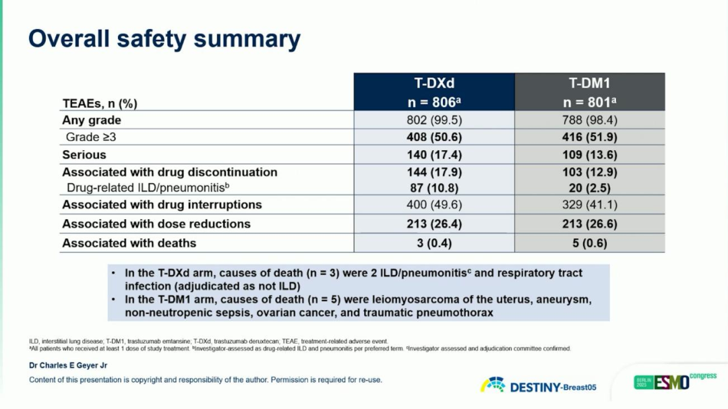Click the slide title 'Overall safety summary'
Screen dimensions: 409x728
(x=164, y=38)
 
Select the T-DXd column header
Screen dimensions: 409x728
(x=435, y=92)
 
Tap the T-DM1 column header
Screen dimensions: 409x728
(x=590, y=92)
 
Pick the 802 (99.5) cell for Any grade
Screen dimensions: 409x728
(x=435, y=120)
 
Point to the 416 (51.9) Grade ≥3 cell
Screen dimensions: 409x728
(x=590, y=137)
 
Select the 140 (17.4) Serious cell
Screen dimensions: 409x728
(x=435, y=155)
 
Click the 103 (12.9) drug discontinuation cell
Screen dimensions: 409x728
(x=590, y=172)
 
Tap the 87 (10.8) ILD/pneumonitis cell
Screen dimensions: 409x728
(x=435, y=187)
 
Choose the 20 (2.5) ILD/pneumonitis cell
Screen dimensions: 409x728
(x=590, y=187)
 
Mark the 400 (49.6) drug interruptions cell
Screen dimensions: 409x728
(x=435, y=204)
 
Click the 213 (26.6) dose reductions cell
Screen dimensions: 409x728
(x=590, y=224)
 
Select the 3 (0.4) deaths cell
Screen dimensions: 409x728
(x=435, y=243)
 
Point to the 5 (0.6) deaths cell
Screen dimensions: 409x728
(x=590, y=243)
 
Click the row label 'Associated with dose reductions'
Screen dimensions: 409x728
(x=156, y=224)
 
